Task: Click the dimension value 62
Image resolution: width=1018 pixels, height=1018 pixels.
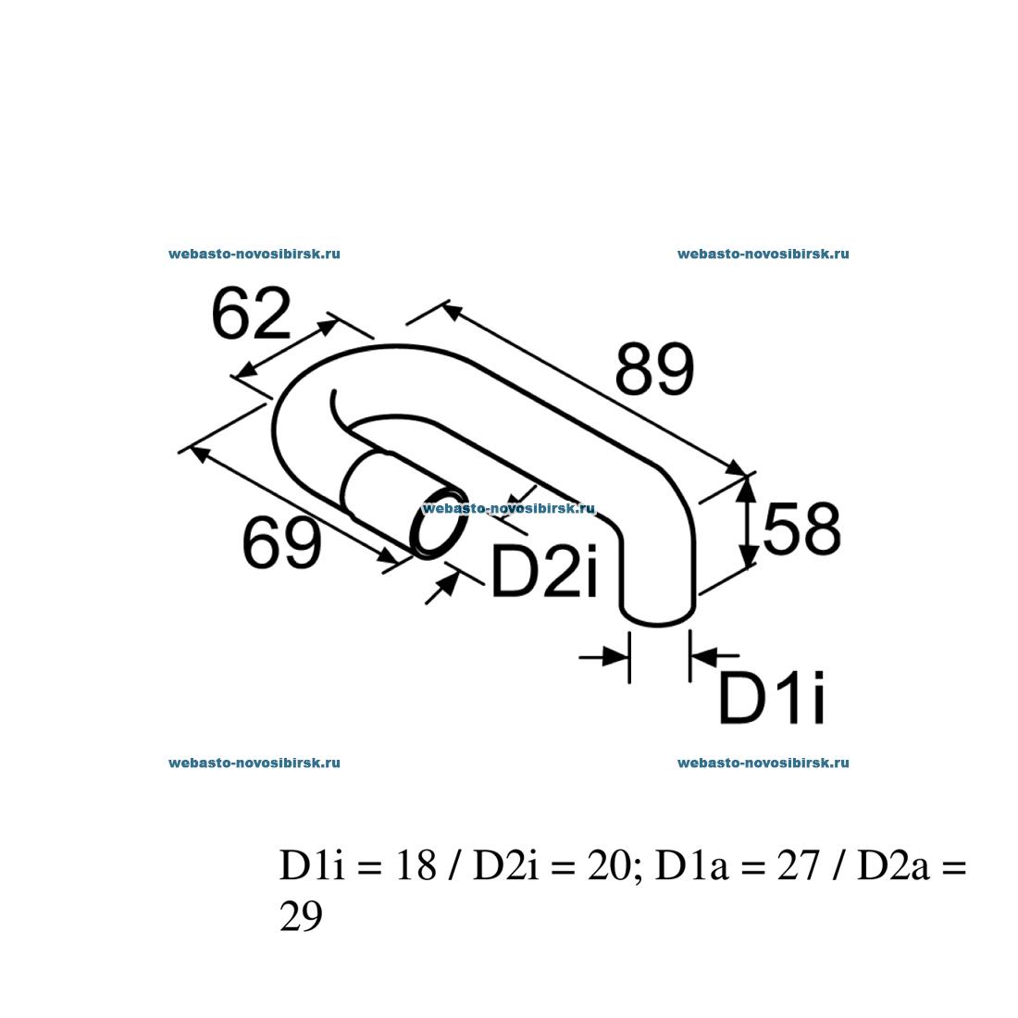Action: (x=251, y=315)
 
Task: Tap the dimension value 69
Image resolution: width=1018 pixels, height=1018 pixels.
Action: (x=281, y=543)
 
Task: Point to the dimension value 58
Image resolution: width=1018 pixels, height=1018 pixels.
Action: (x=801, y=530)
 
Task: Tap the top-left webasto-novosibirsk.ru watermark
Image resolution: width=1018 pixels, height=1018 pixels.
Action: (x=254, y=254)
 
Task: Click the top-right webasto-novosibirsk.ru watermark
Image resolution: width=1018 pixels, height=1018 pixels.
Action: (x=763, y=254)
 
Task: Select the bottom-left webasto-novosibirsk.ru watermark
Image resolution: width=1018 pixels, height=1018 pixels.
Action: (x=254, y=763)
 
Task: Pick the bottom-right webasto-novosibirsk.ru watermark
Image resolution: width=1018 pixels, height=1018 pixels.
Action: (x=763, y=763)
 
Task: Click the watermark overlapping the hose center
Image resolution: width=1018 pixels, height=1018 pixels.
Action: (x=508, y=508)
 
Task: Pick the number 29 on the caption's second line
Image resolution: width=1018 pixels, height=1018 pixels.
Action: (x=301, y=917)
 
